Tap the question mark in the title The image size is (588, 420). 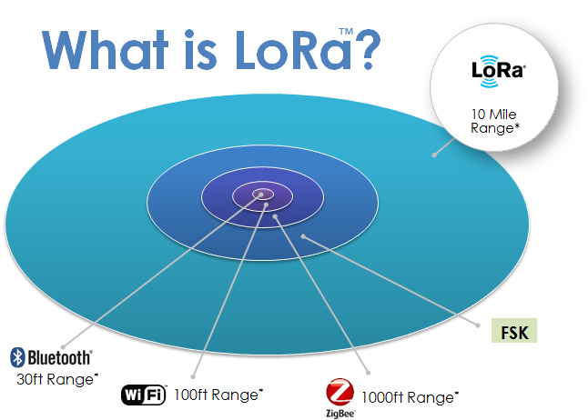(367, 50)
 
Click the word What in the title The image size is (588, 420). (105, 50)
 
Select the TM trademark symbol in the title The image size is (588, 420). (346, 32)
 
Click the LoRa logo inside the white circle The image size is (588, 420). (499, 71)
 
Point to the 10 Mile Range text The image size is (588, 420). (495, 121)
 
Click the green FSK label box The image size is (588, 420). (514, 331)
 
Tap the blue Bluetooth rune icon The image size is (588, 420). (17, 357)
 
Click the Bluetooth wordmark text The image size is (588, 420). (59, 357)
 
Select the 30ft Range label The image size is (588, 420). (57, 379)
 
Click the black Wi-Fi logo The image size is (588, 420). (143, 395)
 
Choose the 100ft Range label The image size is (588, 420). (218, 395)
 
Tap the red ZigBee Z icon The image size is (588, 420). (340, 393)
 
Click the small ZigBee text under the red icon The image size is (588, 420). (340, 414)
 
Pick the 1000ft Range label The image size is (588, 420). (410, 397)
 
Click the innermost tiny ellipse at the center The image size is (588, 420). (262, 194)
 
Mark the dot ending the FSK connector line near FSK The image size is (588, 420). (478, 325)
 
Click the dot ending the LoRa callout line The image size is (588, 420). (434, 155)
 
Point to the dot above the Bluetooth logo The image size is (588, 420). (63, 347)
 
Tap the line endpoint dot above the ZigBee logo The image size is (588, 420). (369, 373)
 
